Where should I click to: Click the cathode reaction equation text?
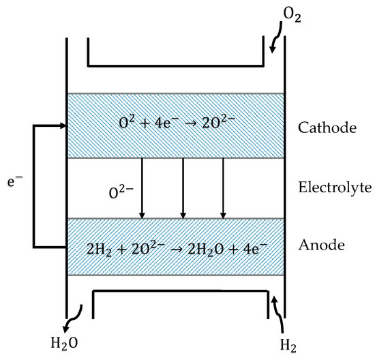pyautogui.click(x=176, y=125)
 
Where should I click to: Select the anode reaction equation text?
pyautogui.click(x=176, y=247)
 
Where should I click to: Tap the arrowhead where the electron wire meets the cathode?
pyautogui.click(x=61, y=125)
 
